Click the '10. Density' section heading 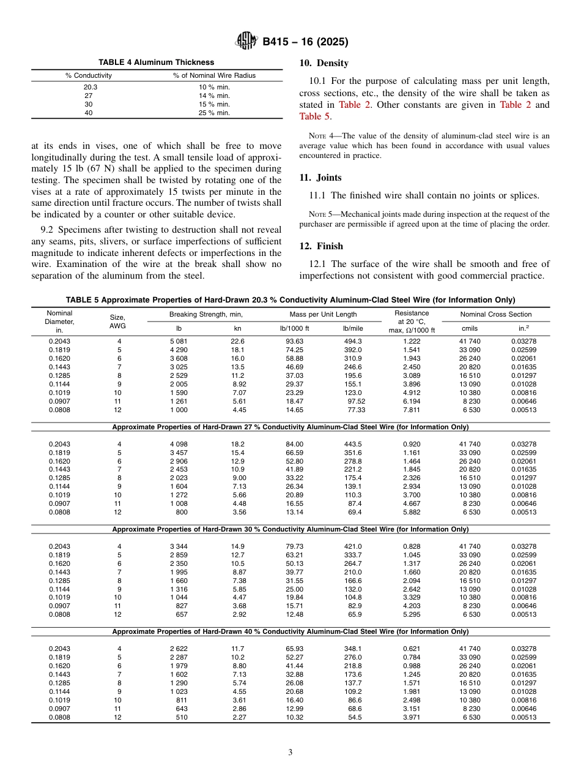coord(324,63)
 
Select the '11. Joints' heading coord(320,178)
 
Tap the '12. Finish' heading coord(321,246)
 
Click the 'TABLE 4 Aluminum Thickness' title coord(157,62)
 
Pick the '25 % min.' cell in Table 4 coord(214,113)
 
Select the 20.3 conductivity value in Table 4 coord(90,87)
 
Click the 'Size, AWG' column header coord(117,322)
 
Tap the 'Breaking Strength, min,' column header coord(206,314)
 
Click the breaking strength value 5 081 coord(180,341)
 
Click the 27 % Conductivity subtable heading coord(290,427)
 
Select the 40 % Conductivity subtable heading coord(290,631)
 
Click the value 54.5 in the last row coord(353,717)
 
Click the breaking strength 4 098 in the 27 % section coord(180,444)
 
